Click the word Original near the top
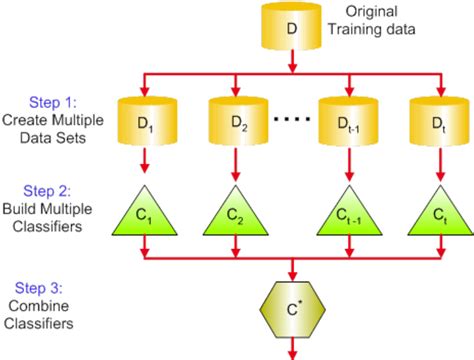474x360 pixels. (371, 12)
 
